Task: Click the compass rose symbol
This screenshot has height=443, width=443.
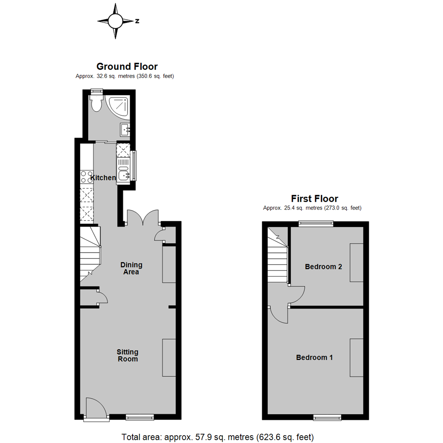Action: click(x=116, y=21)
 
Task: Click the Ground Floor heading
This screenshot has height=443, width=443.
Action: click(x=127, y=66)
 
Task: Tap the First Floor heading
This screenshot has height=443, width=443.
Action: click(x=314, y=199)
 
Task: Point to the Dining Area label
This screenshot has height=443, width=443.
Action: click(x=131, y=268)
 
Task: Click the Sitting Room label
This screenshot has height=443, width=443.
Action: click(x=127, y=355)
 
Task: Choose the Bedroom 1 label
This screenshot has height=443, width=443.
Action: click(x=314, y=357)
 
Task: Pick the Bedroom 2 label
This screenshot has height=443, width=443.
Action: click(x=324, y=267)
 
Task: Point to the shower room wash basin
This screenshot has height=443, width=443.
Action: click(x=125, y=130)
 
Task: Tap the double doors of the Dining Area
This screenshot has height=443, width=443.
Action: click(x=142, y=217)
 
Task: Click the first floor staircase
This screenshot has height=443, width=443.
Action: click(x=277, y=257)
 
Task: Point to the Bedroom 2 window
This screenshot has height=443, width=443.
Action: click(x=315, y=223)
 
